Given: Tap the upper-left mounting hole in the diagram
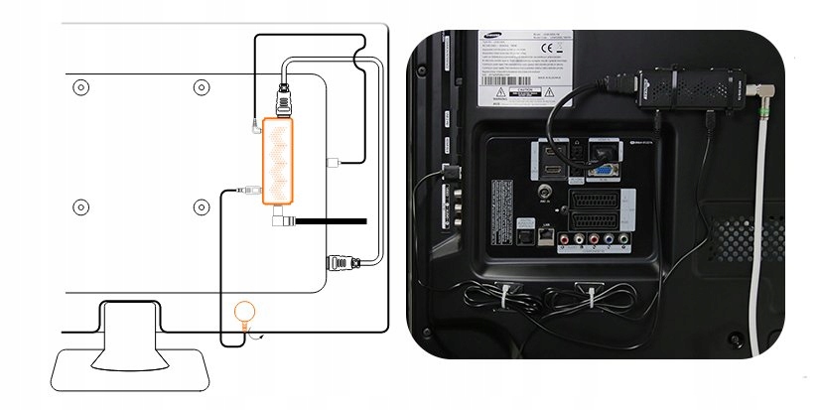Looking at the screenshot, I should click(81, 86).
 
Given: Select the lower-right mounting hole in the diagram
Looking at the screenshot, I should click(201, 207).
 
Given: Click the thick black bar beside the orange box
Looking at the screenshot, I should click(331, 220).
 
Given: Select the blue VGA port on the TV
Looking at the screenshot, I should click(602, 170).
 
